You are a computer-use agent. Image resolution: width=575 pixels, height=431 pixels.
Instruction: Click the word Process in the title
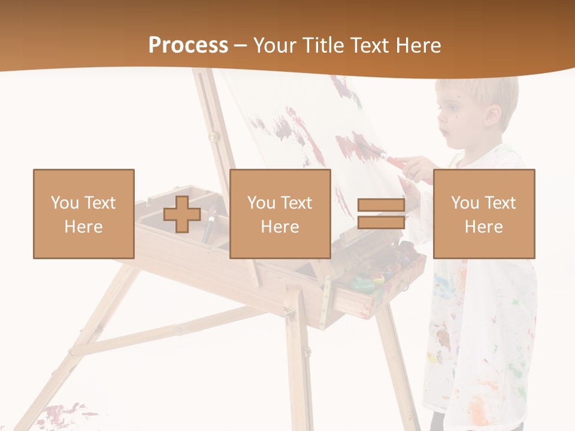pos(188,45)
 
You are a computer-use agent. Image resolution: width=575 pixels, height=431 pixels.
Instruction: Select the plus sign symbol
pos(182,214)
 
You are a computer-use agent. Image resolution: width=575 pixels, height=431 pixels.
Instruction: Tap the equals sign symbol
pos(381,214)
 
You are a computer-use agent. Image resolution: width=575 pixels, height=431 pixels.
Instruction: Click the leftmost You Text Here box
pos(84,214)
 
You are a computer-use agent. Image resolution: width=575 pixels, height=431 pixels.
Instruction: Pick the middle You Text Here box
pos(280,214)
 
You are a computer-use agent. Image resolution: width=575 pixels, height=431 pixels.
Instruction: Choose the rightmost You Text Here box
pos(484,214)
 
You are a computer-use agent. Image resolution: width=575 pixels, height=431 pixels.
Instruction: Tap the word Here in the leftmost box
pos(83,227)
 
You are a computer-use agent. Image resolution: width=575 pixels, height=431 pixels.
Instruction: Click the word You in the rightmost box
pos(465,203)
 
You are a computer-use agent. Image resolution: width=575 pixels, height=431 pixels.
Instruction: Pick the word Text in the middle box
pos(296,203)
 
